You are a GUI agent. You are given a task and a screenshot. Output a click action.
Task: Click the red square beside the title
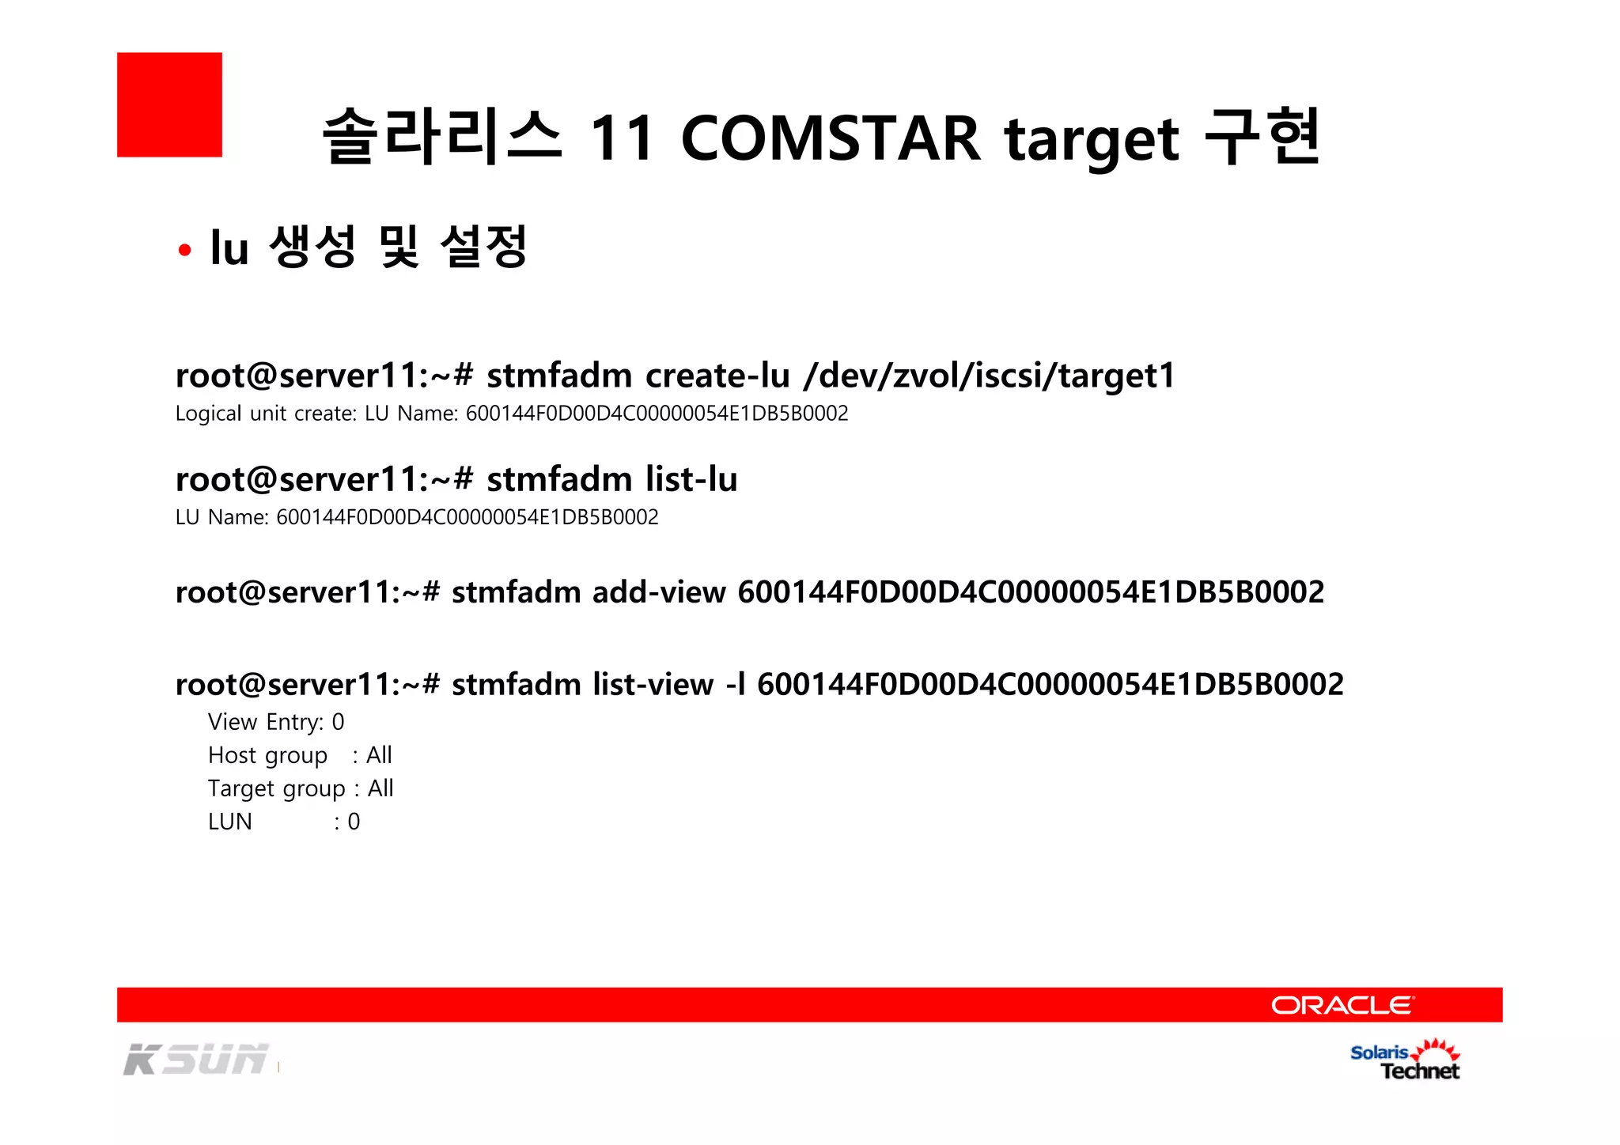(169, 104)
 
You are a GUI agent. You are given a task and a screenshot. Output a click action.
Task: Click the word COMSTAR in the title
(830, 138)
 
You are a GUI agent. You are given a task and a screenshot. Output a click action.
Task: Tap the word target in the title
(1092, 141)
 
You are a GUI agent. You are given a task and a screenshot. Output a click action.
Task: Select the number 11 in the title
(622, 138)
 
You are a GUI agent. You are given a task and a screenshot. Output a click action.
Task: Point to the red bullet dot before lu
(185, 251)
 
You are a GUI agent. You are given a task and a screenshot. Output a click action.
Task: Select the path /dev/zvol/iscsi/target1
(989, 375)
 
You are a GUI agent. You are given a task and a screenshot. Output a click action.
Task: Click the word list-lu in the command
(691, 479)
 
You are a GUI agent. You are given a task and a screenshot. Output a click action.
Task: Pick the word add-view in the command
(659, 591)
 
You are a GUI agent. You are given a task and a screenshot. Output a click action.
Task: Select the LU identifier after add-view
(1030, 591)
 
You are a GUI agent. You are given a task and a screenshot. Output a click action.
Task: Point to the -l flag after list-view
(736, 684)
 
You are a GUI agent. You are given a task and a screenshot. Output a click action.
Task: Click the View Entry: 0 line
(275, 722)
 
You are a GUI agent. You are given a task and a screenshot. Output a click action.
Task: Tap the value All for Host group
(379, 755)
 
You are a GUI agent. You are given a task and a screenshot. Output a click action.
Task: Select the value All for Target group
(380, 788)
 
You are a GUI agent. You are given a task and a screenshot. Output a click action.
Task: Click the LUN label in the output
(229, 822)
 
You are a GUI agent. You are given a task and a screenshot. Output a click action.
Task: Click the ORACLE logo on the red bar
(1342, 1005)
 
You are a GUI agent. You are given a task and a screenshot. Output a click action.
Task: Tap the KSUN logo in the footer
(196, 1060)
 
